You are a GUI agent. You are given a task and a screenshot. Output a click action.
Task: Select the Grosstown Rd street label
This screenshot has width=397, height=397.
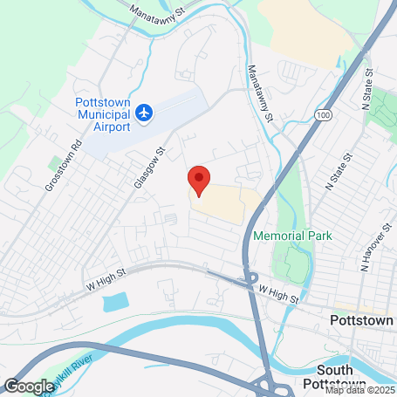pyautogui.click(x=61, y=175)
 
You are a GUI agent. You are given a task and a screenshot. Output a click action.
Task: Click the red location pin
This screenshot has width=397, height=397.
pyautogui.click(x=199, y=181)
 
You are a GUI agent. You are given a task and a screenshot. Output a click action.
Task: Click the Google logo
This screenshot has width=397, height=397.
pyautogui.click(x=29, y=385)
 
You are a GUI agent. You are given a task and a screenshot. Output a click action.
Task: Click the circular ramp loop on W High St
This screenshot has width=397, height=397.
pyautogui.click(x=250, y=284)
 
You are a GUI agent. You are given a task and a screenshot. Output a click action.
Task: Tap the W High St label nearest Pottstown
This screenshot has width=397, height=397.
pyautogui.click(x=278, y=297)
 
